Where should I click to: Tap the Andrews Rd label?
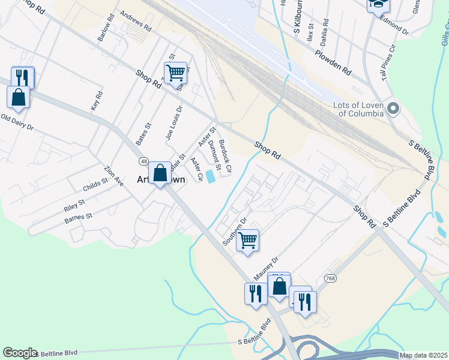click(136, 20)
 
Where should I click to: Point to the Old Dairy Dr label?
click(17, 123)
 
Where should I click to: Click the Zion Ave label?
click(113, 175)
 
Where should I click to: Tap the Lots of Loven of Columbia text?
click(358, 109)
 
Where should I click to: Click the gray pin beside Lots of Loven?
click(394, 109)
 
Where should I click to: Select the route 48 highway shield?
click(144, 161)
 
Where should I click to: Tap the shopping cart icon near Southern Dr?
click(247, 241)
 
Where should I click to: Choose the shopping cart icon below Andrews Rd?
click(175, 73)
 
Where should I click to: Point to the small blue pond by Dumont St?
click(210, 176)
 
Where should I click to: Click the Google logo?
click(20, 353)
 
